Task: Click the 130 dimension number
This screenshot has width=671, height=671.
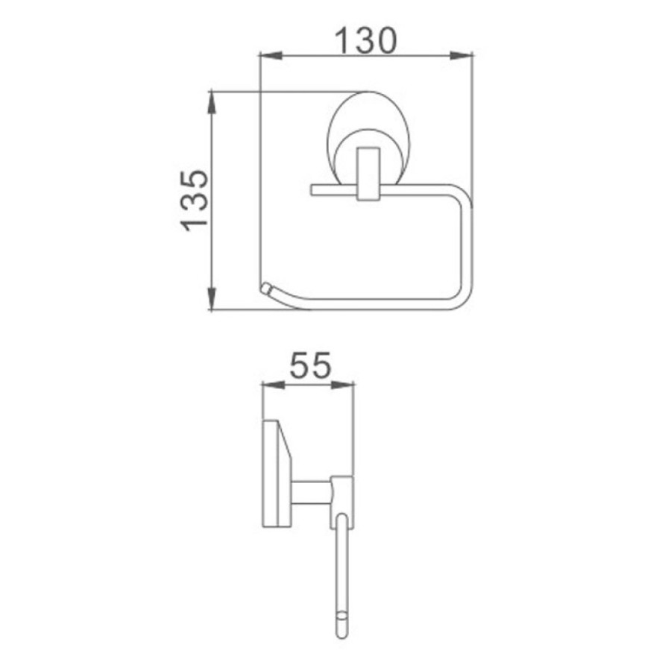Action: click(365, 41)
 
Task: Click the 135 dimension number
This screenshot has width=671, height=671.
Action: click(195, 201)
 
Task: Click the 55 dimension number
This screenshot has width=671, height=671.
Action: click(310, 365)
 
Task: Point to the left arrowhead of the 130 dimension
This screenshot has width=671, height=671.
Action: click(271, 56)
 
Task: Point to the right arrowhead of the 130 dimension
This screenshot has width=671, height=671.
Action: click(461, 56)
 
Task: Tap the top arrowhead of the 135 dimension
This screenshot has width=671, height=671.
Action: click(212, 103)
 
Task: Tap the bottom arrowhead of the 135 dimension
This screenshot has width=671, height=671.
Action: click(212, 297)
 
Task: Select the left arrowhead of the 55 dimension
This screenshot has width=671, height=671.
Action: click(273, 385)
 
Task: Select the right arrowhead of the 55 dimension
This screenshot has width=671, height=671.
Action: click(343, 385)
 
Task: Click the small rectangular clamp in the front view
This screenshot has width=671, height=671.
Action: click(368, 174)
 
